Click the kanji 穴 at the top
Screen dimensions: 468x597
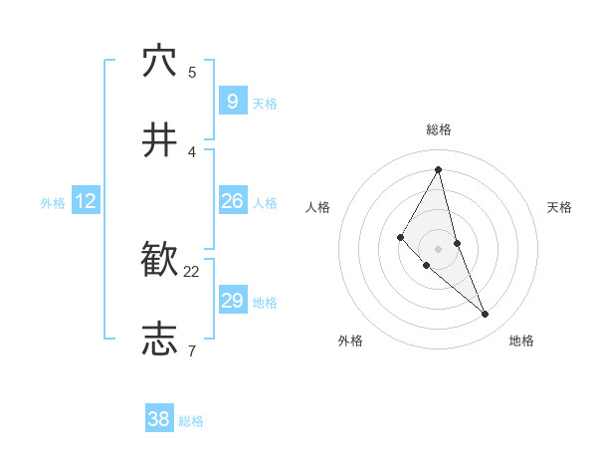[x=159, y=62]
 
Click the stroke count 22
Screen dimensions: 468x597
[x=192, y=271]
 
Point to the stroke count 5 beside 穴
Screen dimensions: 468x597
[x=192, y=72]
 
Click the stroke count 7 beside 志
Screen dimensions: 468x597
[x=191, y=350]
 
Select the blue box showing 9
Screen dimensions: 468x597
[x=232, y=101]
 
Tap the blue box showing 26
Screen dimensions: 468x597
[x=232, y=201]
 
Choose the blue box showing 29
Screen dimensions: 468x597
[x=232, y=300]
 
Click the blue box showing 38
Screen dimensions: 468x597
[x=159, y=419]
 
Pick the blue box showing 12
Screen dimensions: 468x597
[x=86, y=201]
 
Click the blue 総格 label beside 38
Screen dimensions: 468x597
[x=191, y=421]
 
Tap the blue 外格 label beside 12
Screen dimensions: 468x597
[x=53, y=203]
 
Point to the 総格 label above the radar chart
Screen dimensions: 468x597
[x=439, y=129]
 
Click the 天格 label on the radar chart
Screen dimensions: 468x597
[x=560, y=207]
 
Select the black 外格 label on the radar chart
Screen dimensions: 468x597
[x=350, y=341]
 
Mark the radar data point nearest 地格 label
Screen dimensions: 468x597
[x=486, y=315]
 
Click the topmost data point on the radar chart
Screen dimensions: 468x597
[x=439, y=169]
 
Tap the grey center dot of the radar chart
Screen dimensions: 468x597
[x=439, y=248]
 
